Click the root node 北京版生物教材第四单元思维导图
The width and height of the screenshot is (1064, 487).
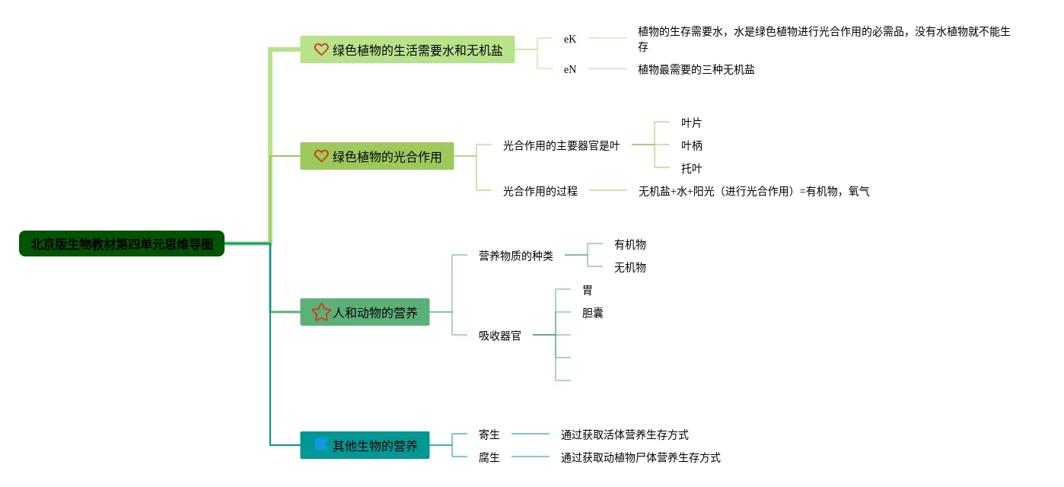coord(122,244)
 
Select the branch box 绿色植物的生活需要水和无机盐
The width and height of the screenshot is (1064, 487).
coord(407,49)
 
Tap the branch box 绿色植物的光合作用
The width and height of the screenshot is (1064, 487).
coord(377,156)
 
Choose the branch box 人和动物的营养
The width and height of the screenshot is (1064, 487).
coord(365,312)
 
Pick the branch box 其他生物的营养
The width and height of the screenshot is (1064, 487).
coord(365,445)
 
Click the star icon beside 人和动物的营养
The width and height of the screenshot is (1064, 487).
coord(321,312)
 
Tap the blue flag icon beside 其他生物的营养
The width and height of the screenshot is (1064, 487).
coord(321,444)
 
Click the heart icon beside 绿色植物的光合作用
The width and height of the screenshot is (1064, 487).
coord(321,156)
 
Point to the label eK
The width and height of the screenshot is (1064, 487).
coord(570,39)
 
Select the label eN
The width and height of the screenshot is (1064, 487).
coord(570,69)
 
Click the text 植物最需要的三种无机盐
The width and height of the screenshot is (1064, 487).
coord(696,69)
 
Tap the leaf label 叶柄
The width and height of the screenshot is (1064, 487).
coord(691,145)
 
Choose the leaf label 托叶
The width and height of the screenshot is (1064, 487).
coord(691,168)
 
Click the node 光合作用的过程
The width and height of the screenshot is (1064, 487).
coord(540,191)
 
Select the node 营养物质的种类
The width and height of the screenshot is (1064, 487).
coord(515,256)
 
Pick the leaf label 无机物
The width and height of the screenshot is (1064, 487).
coord(629,267)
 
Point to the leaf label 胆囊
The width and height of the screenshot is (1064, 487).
coord(592,313)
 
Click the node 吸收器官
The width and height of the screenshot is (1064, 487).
coord(499,336)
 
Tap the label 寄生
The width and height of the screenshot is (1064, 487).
coord(489,434)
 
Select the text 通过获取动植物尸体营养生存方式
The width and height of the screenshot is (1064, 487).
coord(640,457)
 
